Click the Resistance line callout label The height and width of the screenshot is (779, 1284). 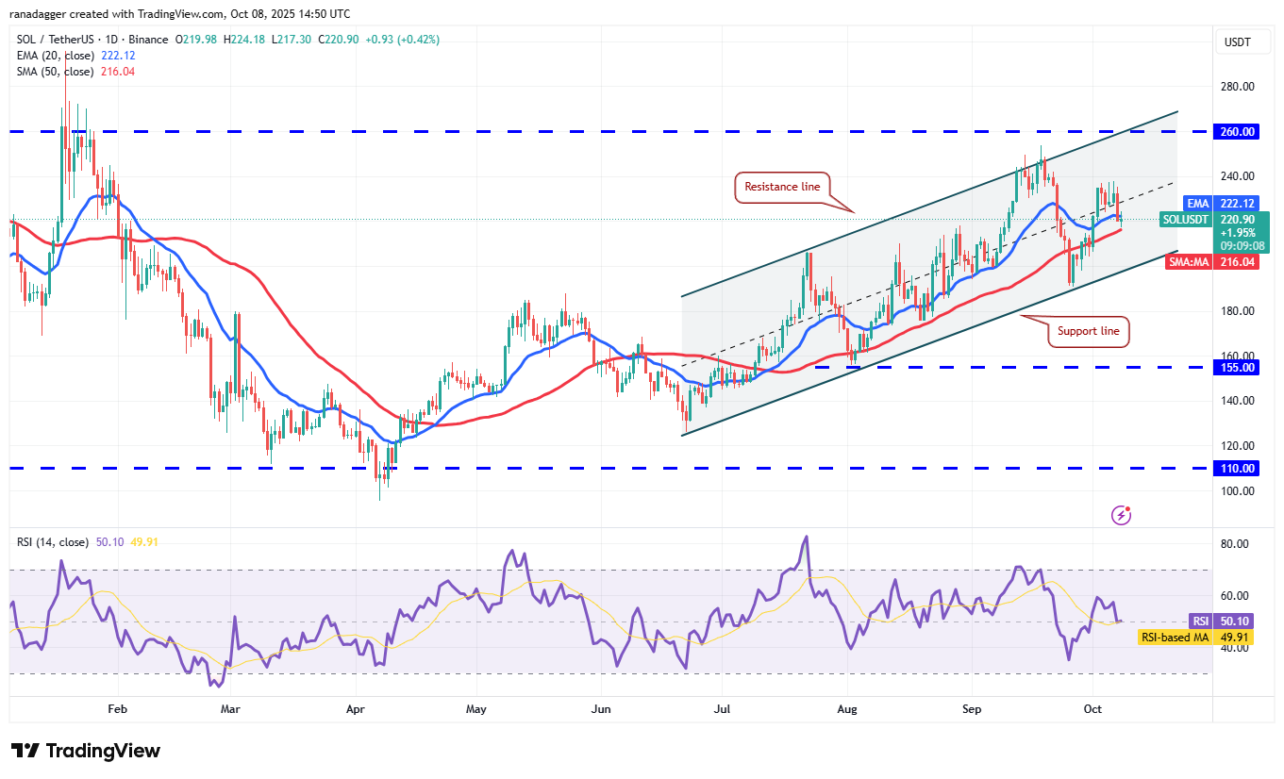782,187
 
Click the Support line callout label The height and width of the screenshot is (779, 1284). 1088,331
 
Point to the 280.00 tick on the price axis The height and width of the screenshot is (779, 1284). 1237,87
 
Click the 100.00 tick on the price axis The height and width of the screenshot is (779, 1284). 1237,491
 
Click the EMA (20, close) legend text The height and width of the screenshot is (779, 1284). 56,56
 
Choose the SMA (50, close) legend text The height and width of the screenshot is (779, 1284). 56,72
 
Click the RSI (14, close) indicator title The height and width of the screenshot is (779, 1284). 53,542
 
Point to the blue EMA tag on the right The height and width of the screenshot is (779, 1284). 1197,203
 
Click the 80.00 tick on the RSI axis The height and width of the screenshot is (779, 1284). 1234,544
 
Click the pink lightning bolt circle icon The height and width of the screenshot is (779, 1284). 1122,515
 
